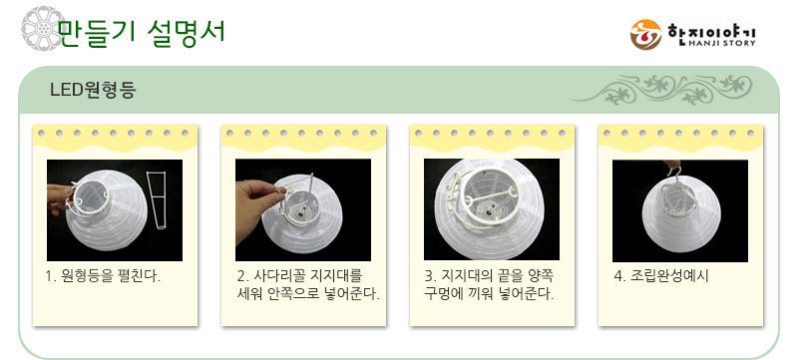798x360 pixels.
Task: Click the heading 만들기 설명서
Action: point(142,33)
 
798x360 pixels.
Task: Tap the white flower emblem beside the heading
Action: point(42,28)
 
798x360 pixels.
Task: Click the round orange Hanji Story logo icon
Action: point(645,35)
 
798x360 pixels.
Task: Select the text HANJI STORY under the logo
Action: point(721,44)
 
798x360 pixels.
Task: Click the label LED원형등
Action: point(93,90)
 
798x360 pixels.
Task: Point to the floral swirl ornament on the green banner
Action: point(660,89)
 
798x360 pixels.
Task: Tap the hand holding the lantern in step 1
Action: point(60,199)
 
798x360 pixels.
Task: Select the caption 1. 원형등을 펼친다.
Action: point(103,277)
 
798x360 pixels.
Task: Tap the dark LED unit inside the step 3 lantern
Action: point(491,207)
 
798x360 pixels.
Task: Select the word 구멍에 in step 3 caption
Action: point(443,294)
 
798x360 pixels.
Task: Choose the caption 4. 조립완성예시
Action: point(661,276)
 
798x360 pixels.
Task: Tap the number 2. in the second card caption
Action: point(242,277)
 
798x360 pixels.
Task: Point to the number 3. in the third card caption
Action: point(430,277)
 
